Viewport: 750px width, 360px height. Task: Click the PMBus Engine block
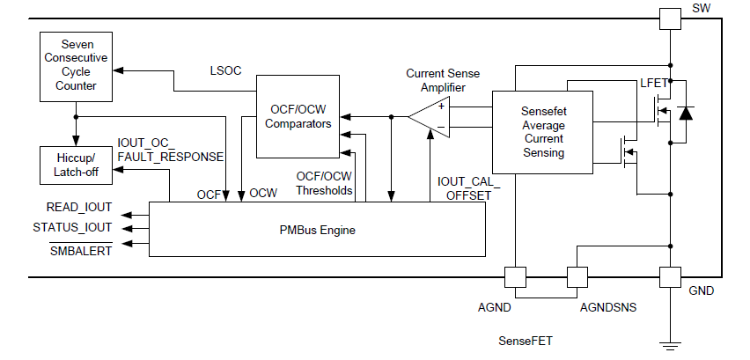pos(317,230)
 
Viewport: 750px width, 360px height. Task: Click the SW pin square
pos(671,17)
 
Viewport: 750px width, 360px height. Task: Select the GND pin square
pos(671,277)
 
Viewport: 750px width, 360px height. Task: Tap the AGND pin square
pos(515,277)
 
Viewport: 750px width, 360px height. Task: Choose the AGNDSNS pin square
pos(577,277)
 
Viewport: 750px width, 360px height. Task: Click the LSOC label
pos(225,70)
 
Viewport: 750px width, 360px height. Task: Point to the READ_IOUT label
pos(79,208)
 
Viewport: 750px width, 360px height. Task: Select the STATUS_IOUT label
pos(74,226)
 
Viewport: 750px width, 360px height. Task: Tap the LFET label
pos(653,84)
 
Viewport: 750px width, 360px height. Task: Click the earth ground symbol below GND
pos(671,345)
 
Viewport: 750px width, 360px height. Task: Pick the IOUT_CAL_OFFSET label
pos(467,187)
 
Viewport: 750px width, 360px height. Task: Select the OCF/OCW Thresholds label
pos(324,183)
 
